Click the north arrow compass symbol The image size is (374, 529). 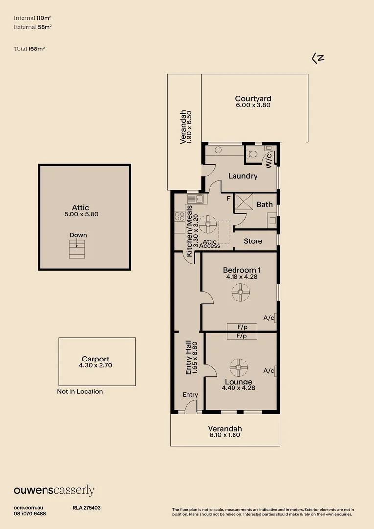(x=318, y=58)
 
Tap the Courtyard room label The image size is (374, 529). (x=253, y=98)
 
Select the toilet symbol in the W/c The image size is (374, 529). (x=253, y=154)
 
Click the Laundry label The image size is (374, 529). (x=242, y=176)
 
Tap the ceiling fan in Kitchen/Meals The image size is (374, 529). (x=208, y=225)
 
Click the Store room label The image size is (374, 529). (x=253, y=241)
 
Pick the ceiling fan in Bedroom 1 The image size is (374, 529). (x=240, y=293)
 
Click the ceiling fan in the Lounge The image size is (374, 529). (x=239, y=366)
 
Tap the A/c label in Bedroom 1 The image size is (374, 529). (x=269, y=318)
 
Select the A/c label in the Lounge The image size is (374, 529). (x=269, y=371)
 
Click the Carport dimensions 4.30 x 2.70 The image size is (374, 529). (x=95, y=365)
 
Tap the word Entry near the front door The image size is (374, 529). (x=190, y=395)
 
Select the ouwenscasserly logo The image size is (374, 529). (x=54, y=491)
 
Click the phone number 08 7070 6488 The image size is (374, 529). (x=30, y=513)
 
